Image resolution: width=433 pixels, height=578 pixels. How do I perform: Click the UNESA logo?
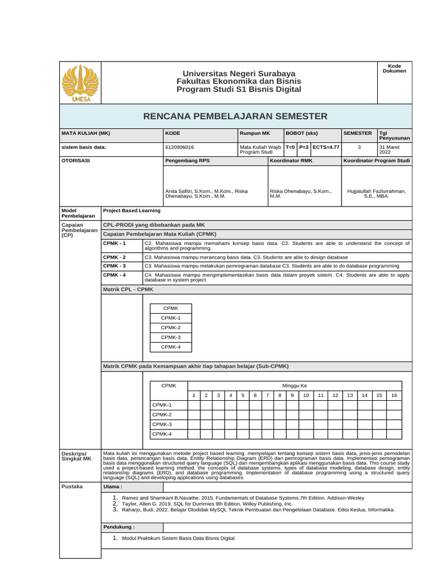[x=79, y=83]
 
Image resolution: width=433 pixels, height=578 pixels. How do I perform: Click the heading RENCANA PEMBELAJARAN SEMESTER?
[x=235, y=116]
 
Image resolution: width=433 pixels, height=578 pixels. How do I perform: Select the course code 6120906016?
[x=179, y=147]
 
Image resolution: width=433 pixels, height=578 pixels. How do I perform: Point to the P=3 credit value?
[x=303, y=147]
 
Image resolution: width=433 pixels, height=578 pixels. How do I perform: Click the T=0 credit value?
[x=290, y=147]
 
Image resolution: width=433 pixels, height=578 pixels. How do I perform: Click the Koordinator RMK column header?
[x=291, y=161]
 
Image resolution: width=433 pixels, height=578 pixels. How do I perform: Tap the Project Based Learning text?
[x=132, y=211]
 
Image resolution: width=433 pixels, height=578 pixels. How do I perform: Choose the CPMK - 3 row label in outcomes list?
[x=114, y=265]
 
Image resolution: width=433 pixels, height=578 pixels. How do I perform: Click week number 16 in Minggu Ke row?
[x=394, y=395]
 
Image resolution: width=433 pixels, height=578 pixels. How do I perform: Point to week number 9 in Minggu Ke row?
[x=291, y=395]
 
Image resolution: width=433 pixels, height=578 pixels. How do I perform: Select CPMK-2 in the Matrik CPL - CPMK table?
[x=170, y=327]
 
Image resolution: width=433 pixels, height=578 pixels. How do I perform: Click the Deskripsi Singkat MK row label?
[x=77, y=456]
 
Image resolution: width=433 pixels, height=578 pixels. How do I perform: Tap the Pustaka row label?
[x=72, y=486]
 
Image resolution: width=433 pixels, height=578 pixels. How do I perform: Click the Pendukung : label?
[x=118, y=527]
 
